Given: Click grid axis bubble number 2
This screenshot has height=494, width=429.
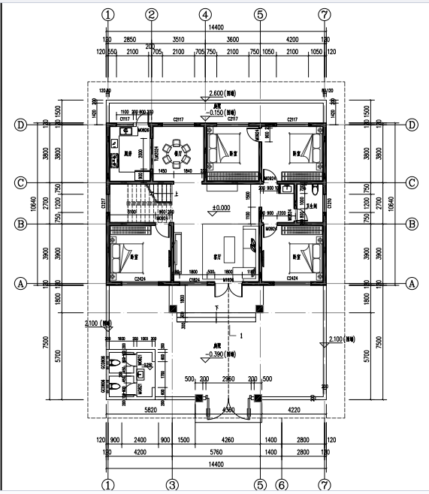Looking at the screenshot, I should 152,14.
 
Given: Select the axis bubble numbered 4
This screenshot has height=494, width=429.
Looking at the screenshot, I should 205,14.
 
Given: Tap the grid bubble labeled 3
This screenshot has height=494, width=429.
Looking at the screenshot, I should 171,484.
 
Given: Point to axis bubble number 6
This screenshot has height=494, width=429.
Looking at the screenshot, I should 281,484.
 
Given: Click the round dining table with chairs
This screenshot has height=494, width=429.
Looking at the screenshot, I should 178,148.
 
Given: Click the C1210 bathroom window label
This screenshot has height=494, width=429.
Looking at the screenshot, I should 328,203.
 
